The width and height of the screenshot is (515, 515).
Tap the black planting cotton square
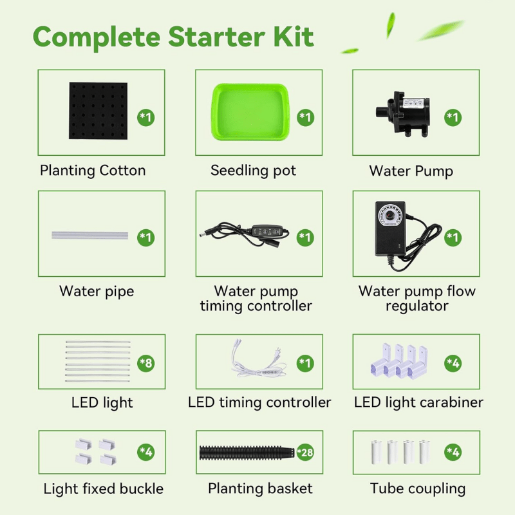click(x=98, y=111)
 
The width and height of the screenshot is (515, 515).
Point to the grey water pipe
click(x=89, y=236)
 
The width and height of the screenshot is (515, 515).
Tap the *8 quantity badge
click(x=146, y=363)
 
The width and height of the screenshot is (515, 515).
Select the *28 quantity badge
click(x=305, y=453)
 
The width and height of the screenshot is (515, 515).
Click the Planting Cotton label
click(x=93, y=171)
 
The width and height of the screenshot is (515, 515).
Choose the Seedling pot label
click(x=253, y=171)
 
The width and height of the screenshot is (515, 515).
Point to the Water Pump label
click(x=411, y=171)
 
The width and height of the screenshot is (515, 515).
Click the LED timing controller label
click(x=259, y=402)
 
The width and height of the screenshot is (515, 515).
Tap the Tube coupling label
click(x=418, y=489)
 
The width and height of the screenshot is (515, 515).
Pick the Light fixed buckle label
click(x=104, y=489)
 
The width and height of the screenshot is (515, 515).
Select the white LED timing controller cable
click(x=259, y=360)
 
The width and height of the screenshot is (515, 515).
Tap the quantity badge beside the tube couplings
click(x=453, y=453)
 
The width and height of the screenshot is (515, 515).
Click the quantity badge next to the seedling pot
click(x=305, y=117)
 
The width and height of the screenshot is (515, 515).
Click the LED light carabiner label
click(x=418, y=402)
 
